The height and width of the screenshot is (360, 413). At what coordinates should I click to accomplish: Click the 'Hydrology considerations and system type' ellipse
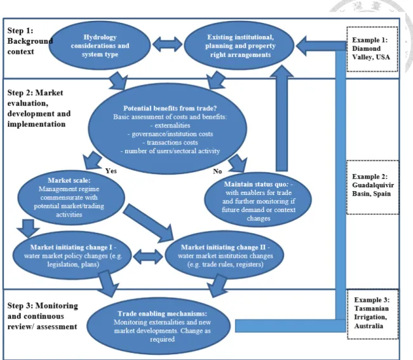pos(100,46)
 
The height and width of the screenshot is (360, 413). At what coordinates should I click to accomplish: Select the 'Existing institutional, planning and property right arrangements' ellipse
pos(239,46)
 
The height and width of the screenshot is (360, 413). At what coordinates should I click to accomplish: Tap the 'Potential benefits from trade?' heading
pos(170,108)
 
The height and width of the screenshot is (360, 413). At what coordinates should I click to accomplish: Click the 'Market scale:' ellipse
pos(71,197)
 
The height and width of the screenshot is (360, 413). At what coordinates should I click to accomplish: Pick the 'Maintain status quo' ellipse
pos(258,200)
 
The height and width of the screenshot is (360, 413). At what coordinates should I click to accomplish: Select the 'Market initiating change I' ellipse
pos(72,255)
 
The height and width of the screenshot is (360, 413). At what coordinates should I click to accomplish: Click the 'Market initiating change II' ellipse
pos(224,255)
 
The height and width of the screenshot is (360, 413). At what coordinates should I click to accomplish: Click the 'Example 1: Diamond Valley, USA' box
pos(372,49)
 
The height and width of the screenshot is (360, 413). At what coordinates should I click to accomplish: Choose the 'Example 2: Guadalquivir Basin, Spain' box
pos(372,187)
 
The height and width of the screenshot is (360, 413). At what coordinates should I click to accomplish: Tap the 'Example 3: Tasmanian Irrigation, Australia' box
pos(372,314)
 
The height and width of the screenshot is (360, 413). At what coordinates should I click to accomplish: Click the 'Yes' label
pos(111,171)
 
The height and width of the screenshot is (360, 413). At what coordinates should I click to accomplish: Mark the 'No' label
pos(217,171)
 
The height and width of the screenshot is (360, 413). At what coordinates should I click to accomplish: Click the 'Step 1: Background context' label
pos(30,41)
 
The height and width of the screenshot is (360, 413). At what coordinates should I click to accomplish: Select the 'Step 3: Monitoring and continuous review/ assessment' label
pos(43,316)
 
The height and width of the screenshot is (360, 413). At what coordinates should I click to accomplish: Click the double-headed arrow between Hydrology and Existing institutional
pos(167,44)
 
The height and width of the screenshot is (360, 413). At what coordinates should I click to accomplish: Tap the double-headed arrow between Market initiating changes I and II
pos(148,256)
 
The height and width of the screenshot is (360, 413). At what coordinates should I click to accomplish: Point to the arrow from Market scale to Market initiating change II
pos(148,223)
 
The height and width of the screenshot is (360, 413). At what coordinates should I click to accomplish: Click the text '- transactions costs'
pos(170,142)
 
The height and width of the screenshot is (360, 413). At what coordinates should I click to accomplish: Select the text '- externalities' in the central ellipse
pos(170,125)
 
